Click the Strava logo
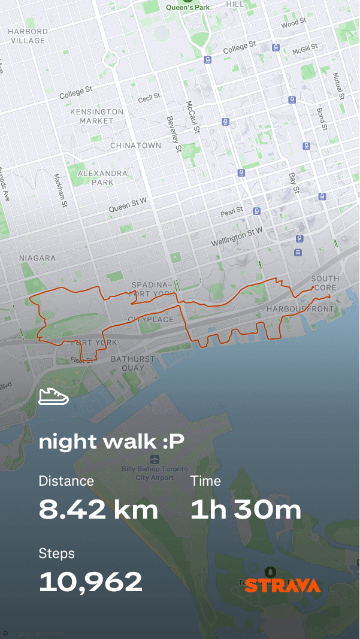point(282,586)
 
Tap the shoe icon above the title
point(53,396)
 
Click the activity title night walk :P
point(111,441)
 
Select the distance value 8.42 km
point(99,510)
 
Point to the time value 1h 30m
point(246,510)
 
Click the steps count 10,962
point(90,582)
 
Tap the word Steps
point(56,553)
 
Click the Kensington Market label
point(96,116)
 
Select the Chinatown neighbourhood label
point(135,146)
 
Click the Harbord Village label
point(28,36)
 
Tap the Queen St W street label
point(128,206)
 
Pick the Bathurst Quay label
point(132,364)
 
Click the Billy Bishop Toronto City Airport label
point(155,473)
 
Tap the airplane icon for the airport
point(155,459)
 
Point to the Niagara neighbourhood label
point(37,258)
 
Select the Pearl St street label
point(231,211)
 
